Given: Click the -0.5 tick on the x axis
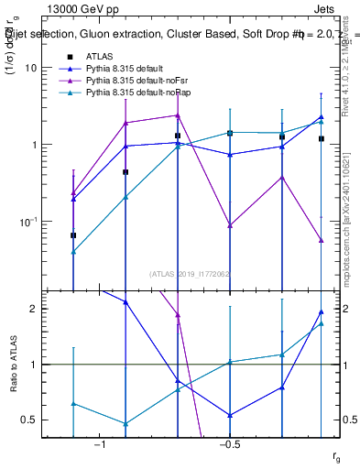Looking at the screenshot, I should point(227,444).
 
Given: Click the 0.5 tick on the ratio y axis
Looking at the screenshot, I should point(30,420).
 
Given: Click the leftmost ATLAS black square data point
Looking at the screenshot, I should point(73,235).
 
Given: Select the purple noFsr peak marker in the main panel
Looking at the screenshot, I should point(177,115).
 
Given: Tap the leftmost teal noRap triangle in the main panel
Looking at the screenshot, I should point(73,251).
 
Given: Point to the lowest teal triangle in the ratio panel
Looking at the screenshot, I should point(125,424).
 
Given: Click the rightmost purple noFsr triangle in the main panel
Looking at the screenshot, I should point(322,240).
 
